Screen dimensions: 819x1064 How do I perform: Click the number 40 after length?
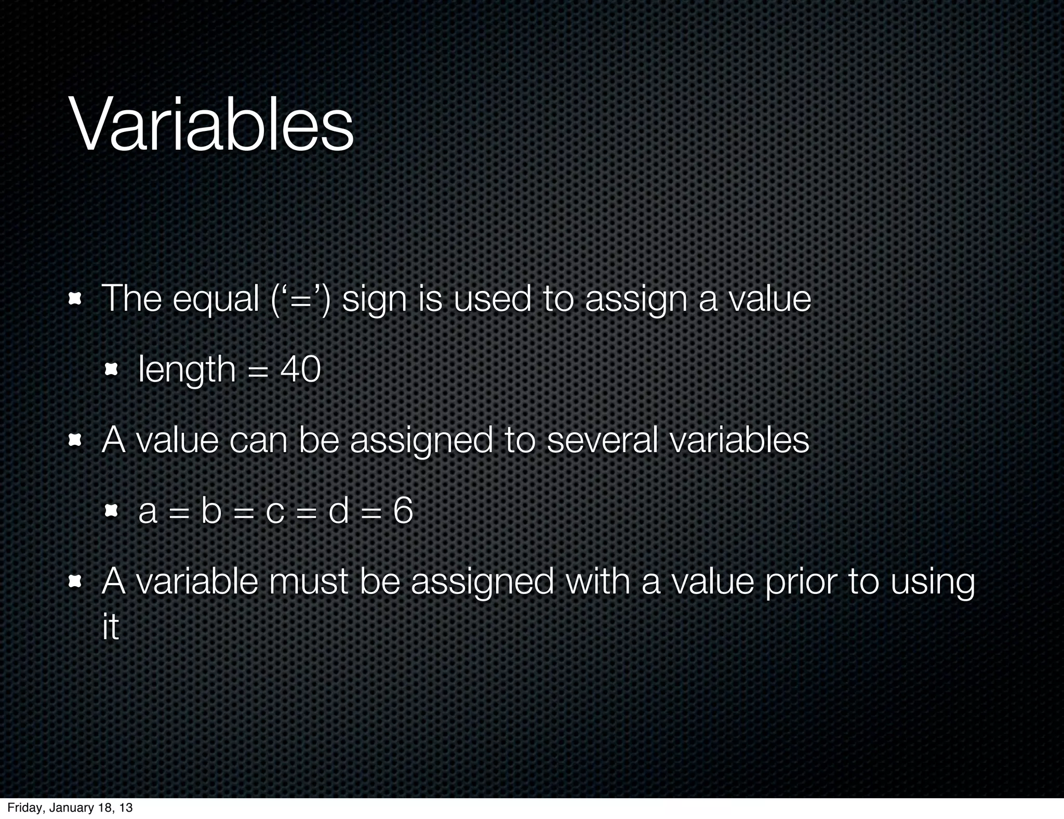[300, 369]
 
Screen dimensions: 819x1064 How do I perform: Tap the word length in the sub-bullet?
[187, 369]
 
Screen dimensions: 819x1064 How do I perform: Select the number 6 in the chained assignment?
[403, 510]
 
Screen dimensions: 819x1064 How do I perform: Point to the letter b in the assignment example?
[211, 510]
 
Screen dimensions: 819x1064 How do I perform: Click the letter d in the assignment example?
[338, 510]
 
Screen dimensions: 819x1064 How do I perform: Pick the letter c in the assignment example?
[275, 511]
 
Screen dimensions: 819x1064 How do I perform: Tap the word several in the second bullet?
[602, 440]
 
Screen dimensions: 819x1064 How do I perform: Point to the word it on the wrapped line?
[110, 627]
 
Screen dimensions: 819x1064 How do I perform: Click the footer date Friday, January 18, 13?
[70, 808]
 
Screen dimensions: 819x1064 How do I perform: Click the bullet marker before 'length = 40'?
[111, 370]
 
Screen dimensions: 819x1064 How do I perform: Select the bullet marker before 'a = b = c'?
[111, 511]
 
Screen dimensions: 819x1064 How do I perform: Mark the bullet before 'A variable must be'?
[76, 582]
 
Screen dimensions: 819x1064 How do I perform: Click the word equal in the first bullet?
[216, 300]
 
